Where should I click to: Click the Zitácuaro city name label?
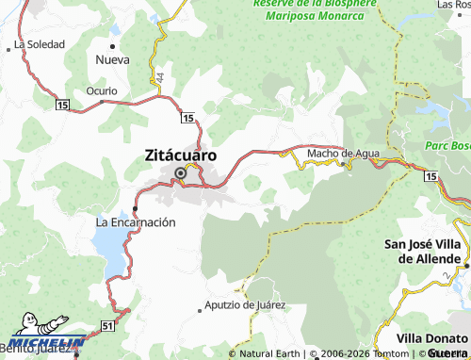pyautogui.click(x=181, y=155)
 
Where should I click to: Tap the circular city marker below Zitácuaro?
pyautogui.click(x=181, y=172)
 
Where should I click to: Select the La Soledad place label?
pyautogui.click(x=39, y=44)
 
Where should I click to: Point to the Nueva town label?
pyautogui.click(x=112, y=59)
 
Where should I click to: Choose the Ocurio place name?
pyautogui.click(x=102, y=91)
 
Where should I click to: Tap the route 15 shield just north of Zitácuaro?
pyautogui.click(x=188, y=118)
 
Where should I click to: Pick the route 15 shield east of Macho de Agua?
pyautogui.click(x=430, y=176)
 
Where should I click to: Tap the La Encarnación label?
pyautogui.click(x=137, y=222)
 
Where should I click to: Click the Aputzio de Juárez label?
pyautogui.click(x=245, y=306)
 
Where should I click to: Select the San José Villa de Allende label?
pyautogui.click(x=427, y=252)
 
